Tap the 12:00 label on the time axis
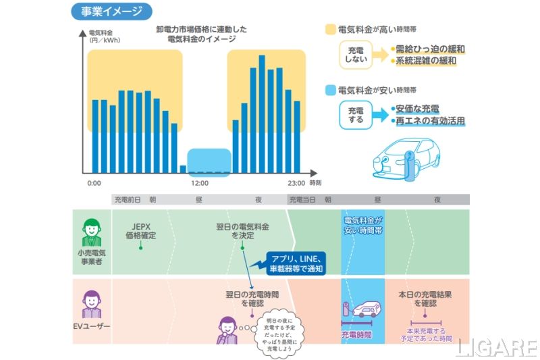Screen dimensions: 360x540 (200, 183)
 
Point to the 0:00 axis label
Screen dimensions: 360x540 (94, 183)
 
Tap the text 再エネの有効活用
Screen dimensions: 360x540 (431, 121)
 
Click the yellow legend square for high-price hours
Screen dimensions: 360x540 (330, 30)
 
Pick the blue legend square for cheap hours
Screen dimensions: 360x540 (330, 90)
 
